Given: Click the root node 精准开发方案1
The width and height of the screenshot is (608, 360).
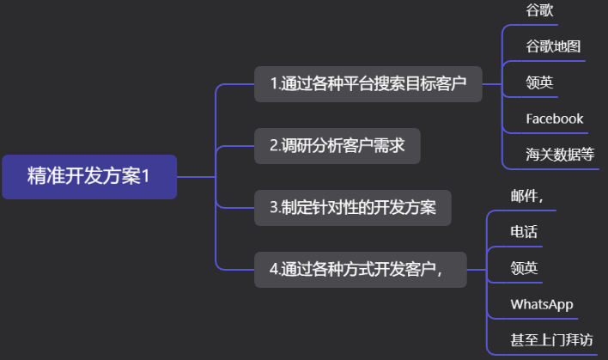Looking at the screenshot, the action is [x=89, y=177].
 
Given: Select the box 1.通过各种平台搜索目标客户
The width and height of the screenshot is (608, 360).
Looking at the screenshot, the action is [x=368, y=84].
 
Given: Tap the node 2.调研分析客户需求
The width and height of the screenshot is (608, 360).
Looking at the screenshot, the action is [x=337, y=146].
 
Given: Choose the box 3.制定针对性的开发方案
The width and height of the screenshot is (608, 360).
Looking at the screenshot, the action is [x=352, y=208].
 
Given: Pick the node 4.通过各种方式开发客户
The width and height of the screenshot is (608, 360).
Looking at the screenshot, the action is [x=360, y=270].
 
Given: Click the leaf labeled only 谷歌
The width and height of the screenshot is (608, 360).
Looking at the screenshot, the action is [x=539, y=10].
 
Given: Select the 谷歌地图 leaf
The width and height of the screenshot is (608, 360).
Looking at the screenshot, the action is [x=553, y=46].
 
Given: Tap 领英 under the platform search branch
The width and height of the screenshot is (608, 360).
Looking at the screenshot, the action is [x=539, y=82].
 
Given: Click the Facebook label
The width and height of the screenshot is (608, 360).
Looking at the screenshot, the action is [x=555, y=119].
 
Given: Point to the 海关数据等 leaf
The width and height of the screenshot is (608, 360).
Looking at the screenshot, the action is [x=560, y=155].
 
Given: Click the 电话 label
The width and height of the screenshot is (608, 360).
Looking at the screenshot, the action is [x=524, y=232].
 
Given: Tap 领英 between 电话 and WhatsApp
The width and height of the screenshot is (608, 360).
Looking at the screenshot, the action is [x=524, y=268].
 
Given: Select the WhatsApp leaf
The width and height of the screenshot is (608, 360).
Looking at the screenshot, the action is [x=542, y=304].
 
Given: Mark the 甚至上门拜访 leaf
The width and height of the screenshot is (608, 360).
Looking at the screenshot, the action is [x=551, y=340].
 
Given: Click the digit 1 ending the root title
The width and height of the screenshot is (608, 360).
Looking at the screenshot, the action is [x=145, y=176].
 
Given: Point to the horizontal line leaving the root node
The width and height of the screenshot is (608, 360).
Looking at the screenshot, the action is [x=196, y=177].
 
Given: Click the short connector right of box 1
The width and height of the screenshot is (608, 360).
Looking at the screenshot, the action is [x=492, y=84].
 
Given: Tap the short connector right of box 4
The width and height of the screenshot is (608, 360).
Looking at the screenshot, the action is [x=477, y=270].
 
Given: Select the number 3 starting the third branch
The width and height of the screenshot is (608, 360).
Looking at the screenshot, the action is [x=273, y=208].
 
